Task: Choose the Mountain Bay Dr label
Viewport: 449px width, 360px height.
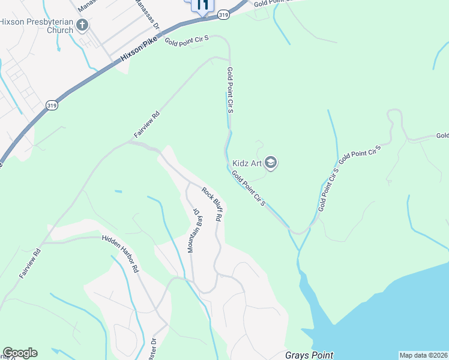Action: [x=193, y=230]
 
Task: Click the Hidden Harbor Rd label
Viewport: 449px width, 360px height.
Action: [x=120, y=254]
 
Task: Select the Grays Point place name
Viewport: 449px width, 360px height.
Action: [x=309, y=355]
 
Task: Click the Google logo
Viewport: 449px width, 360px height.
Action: [x=20, y=353]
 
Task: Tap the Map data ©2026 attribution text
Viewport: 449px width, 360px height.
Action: [x=424, y=355]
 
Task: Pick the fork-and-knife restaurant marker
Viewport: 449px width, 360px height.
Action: [x=202, y=5]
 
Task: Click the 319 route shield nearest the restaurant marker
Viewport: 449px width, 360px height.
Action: [x=223, y=14]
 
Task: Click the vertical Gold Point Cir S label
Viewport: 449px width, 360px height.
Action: [x=230, y=91]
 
